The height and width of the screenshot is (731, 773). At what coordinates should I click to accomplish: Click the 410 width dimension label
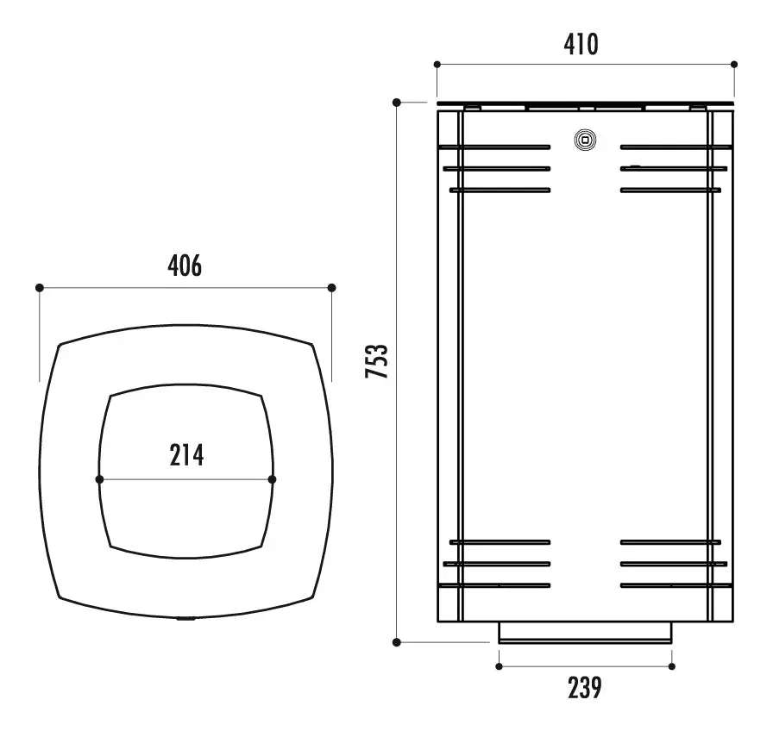click(581, 44)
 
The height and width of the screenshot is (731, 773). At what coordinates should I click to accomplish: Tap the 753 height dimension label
click(377, 361)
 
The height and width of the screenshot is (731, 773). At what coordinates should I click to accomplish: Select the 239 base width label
click(585, 688)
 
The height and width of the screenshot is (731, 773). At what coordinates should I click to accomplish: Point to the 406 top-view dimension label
click(185, 266)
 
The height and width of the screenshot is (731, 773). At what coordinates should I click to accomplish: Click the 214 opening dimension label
click(186, 454)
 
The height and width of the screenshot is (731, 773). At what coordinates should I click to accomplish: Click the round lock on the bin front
click(585, 140)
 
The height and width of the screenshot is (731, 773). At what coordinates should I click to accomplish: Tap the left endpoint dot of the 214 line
click(99, 479)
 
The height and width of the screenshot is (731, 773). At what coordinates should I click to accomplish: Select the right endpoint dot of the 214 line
click(272, 479)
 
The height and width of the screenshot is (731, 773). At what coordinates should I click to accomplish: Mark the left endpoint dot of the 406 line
click(40, 288)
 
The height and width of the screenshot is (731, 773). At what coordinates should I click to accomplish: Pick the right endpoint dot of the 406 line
click(332, 288)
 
